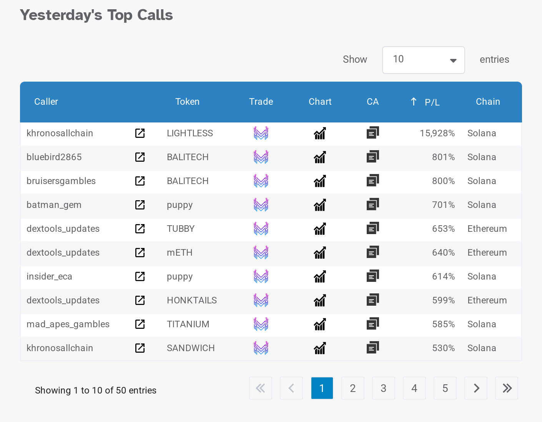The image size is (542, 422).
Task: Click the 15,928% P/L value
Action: coord(437,133)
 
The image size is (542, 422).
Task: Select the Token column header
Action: coord(187,102)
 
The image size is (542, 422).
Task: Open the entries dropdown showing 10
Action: coord(423,60)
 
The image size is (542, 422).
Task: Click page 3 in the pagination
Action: coord(383,388)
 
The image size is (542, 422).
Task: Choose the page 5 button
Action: coord(445,388)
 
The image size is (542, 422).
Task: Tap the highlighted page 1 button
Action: coord(322,388)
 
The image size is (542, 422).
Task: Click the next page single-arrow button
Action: coord(476,388)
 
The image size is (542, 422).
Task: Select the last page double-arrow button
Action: coord(507,388)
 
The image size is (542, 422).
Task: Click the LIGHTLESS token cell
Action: coord(190,133)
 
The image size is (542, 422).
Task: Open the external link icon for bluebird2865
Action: coord(140,157)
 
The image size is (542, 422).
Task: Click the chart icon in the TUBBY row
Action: coord(320,229)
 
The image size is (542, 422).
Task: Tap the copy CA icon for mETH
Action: coord(372,253)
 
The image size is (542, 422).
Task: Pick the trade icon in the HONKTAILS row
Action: coord(261,300)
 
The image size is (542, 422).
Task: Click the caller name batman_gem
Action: coord(54,205)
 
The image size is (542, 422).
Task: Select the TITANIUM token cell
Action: coord(188,324)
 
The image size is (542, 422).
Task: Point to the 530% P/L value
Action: coord(443,348)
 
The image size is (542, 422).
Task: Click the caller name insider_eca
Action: coord(49,276)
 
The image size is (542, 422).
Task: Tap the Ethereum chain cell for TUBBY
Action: coord(487,229)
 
